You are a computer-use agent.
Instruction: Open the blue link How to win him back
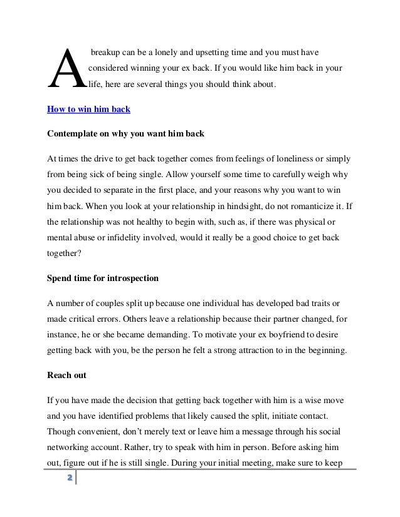tap(88, 109)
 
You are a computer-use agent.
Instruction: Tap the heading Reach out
tap(67, 377)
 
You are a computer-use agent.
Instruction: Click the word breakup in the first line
tap(107, 49)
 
